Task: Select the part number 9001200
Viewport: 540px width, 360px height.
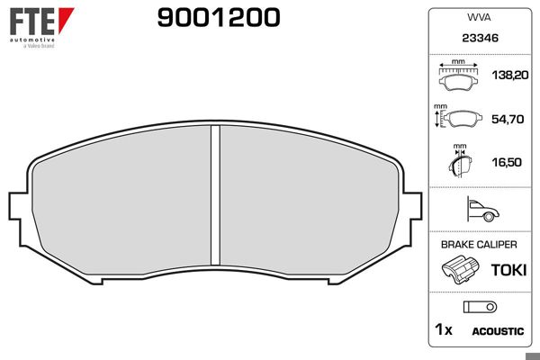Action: coord(219,18)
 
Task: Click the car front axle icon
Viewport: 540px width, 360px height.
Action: coord(482,211)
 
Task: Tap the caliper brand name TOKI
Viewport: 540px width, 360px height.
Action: coord(507,269)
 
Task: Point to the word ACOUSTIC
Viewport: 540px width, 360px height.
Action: coord(498,331)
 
